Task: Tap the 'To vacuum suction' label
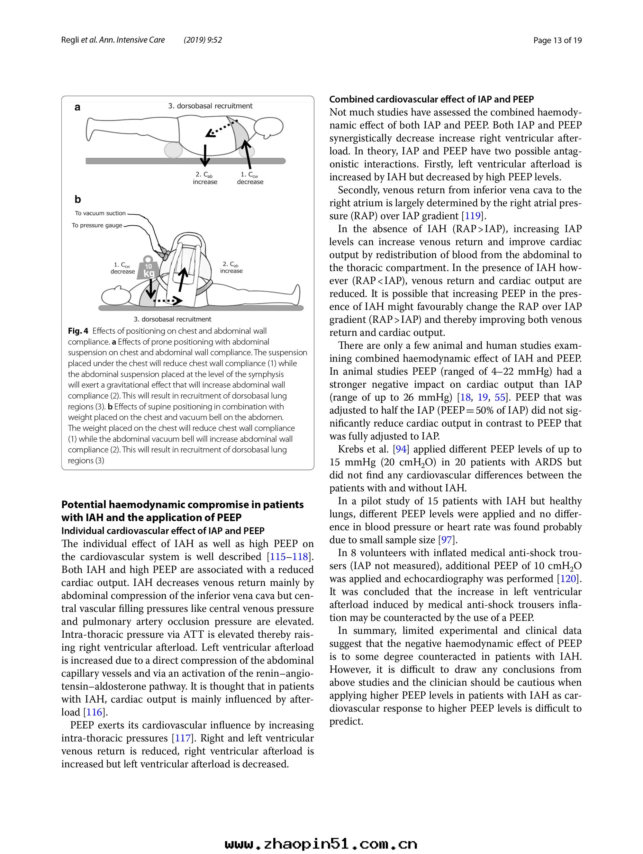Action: coord(100,213)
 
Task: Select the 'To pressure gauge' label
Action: coord(97,225)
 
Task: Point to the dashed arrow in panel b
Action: coord(167,300)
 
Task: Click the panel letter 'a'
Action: coord(77,107)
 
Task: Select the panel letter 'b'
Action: coord(77,200)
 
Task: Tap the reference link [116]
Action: coord(94,712)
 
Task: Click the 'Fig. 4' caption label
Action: coord(78,331)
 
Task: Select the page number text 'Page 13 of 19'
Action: coord(557,40)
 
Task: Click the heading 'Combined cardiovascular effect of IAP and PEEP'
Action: coord(431,99)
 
